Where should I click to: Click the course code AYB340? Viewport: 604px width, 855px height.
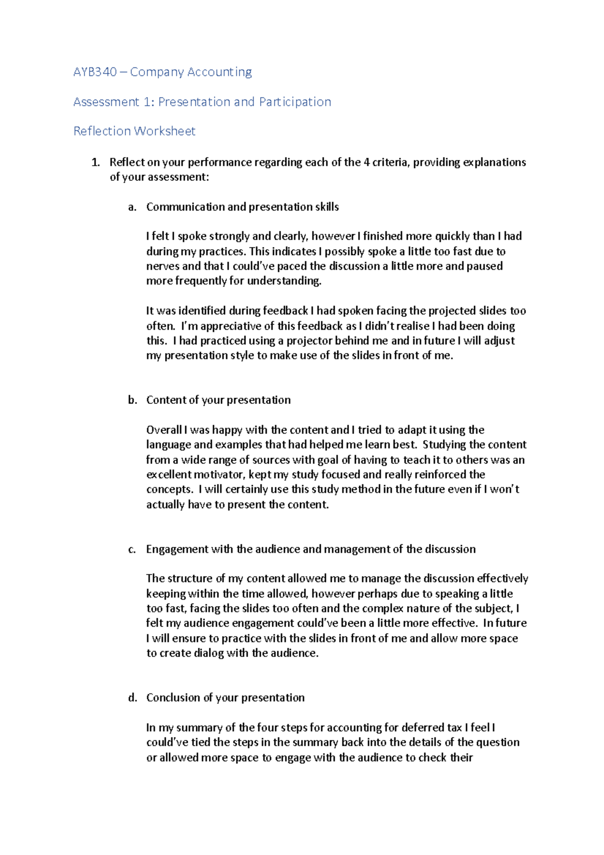[95, 72]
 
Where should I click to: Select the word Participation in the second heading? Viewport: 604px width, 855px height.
[295, 102]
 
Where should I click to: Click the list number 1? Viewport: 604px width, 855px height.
[95, 162]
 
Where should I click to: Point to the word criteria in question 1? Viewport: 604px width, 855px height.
[391, 162]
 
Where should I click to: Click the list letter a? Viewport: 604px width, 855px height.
[132, 207]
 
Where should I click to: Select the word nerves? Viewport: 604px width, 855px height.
[163, 266]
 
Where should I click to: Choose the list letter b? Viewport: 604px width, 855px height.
[132, 400]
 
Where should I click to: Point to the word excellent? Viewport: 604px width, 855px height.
[169, 474]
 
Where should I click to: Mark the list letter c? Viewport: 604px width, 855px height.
[132, 549]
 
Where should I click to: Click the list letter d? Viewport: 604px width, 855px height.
[132, 698]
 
